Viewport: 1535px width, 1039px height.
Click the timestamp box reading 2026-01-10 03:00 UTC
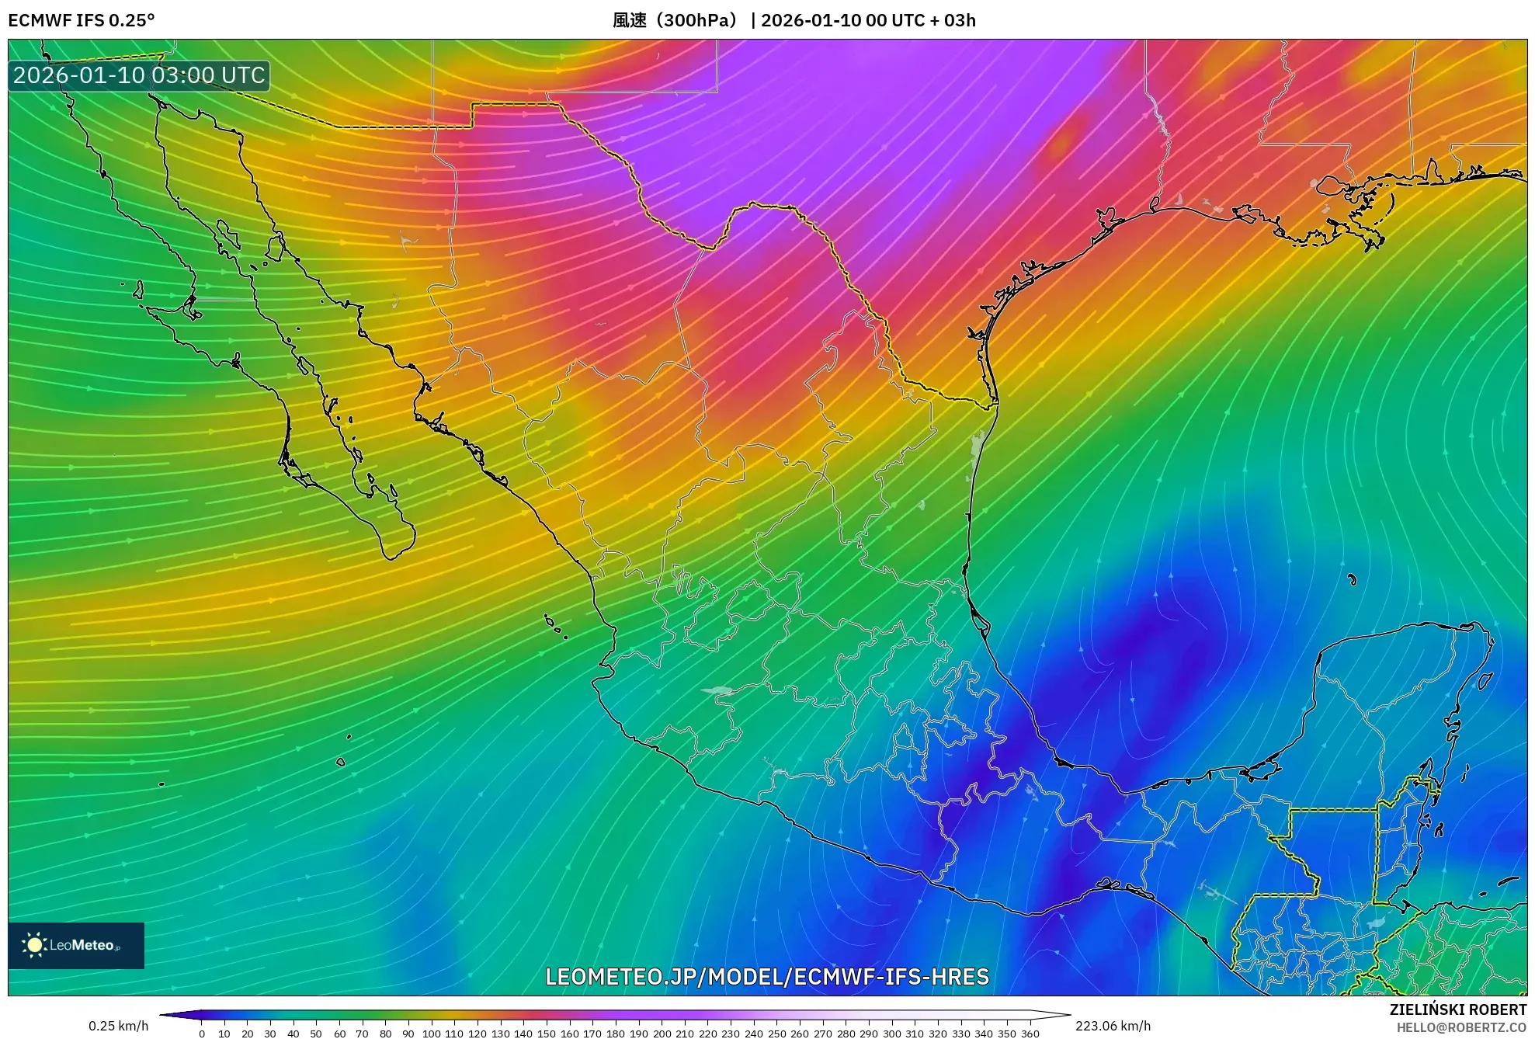click(139, 75)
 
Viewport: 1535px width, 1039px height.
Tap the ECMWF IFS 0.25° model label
click(81, 20)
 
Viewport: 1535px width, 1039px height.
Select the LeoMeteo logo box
click(76, 945)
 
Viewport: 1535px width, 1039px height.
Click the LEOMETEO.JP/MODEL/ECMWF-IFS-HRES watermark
click(767, 977)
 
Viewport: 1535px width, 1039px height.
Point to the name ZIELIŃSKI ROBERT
click(1457, 1009)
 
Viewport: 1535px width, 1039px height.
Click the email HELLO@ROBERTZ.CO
click(1461, 1027)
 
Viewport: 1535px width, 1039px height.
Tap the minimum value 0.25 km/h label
click(118, 1026)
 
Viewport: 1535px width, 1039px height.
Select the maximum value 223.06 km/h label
click(1113, 1026)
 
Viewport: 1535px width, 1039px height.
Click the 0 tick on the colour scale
click(202, 1034)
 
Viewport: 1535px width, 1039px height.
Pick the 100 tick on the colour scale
click(431, 1034)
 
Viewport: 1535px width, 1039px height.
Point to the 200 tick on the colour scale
click(662, 1034)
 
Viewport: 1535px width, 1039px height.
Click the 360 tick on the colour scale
click(1030, 1034)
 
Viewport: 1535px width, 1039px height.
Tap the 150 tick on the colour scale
click(547, 1034)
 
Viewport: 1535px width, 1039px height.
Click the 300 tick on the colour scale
click(892, 1034)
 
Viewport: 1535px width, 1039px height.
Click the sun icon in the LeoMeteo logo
click(34, 945)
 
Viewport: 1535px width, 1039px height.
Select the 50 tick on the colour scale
click(316, 1034)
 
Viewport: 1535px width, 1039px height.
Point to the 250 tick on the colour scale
click(776, 1034)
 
